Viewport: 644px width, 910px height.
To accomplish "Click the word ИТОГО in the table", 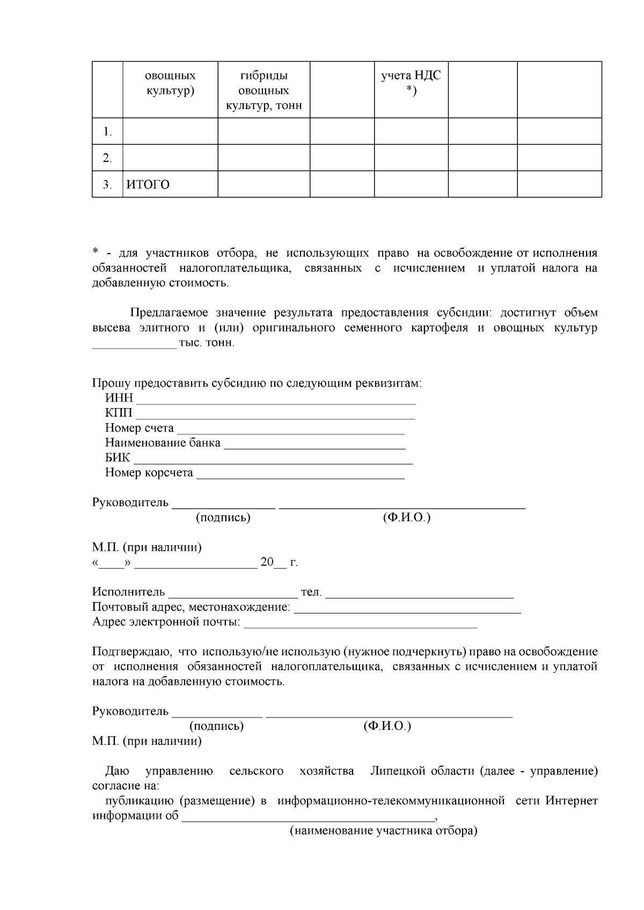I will pos(148,185).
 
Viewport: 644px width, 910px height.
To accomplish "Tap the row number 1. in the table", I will pos(108,132).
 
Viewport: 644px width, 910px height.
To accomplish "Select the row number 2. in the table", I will pos(108,158).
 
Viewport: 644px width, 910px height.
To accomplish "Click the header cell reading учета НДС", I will pos(411,83).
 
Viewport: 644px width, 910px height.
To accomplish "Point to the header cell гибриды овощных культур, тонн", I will pos(264,91).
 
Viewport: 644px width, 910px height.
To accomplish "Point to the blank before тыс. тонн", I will pos(134,345).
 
